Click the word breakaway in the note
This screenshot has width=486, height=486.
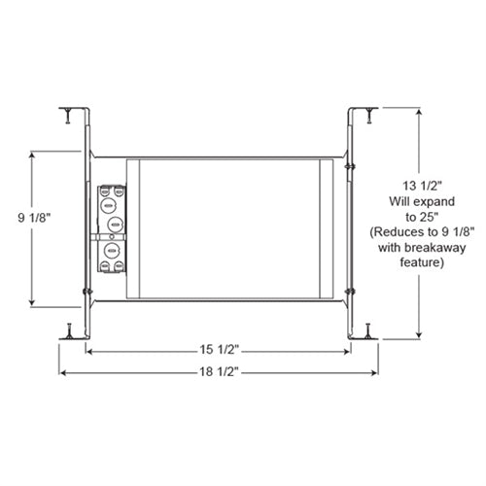click(x=421, y=249)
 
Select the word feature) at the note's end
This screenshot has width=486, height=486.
click(x=408, y=263)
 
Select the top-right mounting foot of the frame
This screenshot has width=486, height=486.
click(x=367, y=113)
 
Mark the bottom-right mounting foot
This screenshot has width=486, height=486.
click(x=367, y=330)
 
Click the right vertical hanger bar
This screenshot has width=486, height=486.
click(x=352, y=224)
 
